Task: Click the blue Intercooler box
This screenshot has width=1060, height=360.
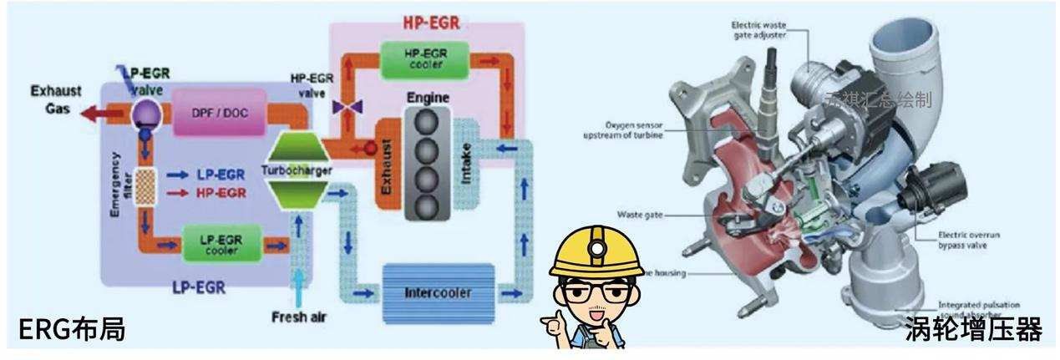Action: tap(437, 293)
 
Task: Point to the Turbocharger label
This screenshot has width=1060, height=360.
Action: tap(297, 170)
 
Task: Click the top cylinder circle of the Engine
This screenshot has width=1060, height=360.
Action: tap(427, 120)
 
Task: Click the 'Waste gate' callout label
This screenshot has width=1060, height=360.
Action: tap(639, 215)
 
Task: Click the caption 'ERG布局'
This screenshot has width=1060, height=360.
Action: tap(72, 329)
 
